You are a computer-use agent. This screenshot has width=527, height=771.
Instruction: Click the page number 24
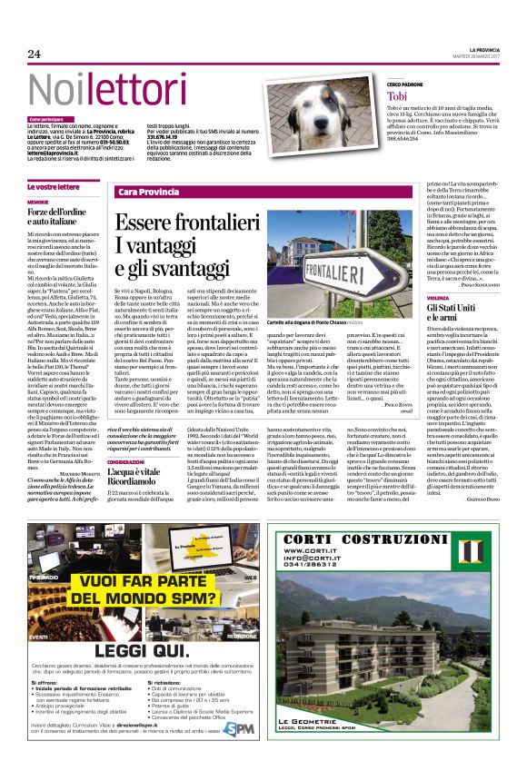point(35,54)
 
